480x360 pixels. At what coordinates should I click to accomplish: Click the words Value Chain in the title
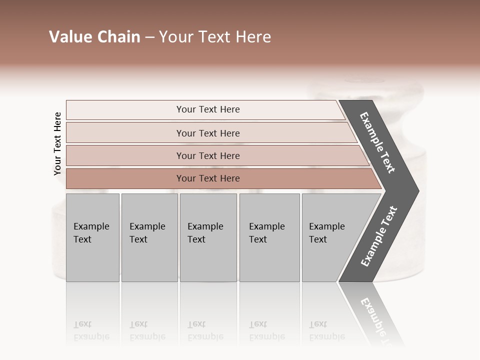point(94,37)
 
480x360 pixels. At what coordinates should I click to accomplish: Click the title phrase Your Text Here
point(215,37)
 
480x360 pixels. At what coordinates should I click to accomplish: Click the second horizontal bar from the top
point(207,133)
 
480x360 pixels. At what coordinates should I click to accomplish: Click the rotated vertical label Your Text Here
point(57,143)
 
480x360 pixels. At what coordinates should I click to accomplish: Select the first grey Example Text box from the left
point(92,237)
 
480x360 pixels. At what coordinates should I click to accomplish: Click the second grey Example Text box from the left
point(149,237)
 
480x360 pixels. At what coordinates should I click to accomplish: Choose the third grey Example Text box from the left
point(208,237)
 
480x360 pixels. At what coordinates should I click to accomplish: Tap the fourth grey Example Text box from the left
point(269,237)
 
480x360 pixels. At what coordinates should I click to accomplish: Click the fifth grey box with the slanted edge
point(330,237)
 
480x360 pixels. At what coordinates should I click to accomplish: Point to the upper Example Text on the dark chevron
point(377,142)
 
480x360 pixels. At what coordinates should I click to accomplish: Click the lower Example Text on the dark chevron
point(379,236)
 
